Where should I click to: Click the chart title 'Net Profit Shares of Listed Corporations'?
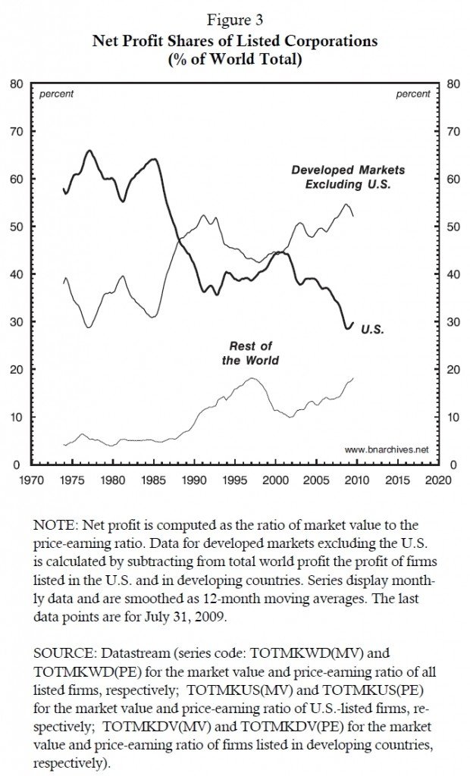coord(234,43)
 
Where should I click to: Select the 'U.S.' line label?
coord(372,330)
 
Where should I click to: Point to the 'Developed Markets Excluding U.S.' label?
coord(348,177)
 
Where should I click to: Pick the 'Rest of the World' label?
coord(249,353)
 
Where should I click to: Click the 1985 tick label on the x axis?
coord(153,480)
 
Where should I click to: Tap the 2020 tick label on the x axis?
coord(437,480)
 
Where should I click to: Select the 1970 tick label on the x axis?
coord(31,480)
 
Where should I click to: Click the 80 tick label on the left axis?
coord(15,84)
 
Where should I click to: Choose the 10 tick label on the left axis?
coord(15,417)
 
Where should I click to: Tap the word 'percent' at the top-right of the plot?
coord(412,95)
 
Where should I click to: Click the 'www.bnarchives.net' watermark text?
coord(381,449)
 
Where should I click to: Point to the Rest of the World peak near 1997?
coord(252,378)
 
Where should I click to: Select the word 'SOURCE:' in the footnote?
coord(63,651)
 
